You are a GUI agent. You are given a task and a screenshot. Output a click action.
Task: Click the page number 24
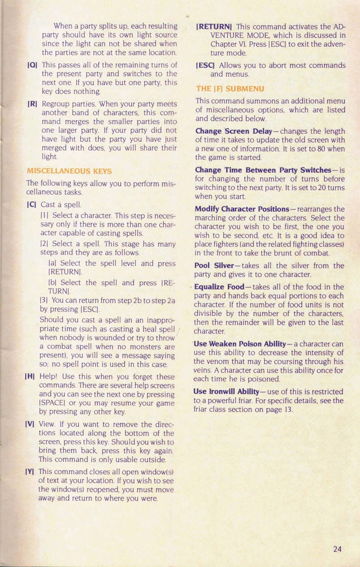click(338, 548)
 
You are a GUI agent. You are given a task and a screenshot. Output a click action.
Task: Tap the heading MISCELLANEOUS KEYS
click(69, 171)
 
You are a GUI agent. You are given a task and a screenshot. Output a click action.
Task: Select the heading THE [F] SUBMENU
click(230, 89)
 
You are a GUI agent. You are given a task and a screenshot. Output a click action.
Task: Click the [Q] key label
click(32, 65)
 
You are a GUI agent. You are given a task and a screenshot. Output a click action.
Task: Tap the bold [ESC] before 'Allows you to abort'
click(206, 65)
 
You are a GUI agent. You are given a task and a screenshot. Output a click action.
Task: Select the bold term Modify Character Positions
click(242, 209)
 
